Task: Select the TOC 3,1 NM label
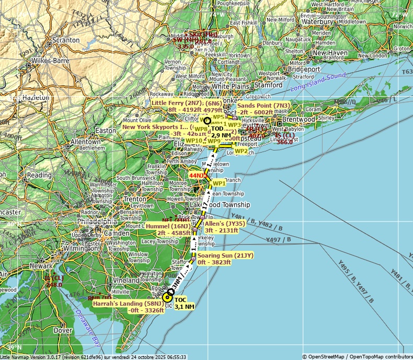184,303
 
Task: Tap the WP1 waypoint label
219,183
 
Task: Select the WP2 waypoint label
242,151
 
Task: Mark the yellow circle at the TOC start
167,297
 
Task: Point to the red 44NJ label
197,176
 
